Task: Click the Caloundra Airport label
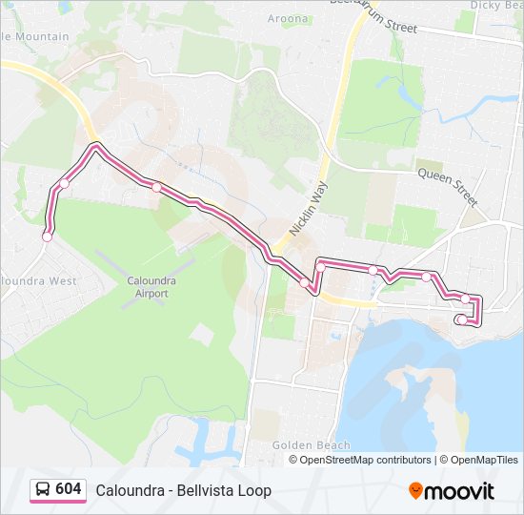click(147, 287)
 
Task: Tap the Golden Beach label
click(311, 445)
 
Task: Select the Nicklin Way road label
click(308, 209)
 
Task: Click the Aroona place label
click(288, 19)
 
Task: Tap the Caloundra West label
click(36, 281)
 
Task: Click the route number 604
click(69, 489)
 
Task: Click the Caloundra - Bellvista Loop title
click(183, 490)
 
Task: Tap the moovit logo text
click(460, 491)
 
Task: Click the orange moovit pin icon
click(416, 490)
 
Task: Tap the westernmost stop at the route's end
click(47, 237)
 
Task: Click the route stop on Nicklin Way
click(305, 282)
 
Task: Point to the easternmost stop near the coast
click(466, 299)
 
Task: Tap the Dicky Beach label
click(495, 5)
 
